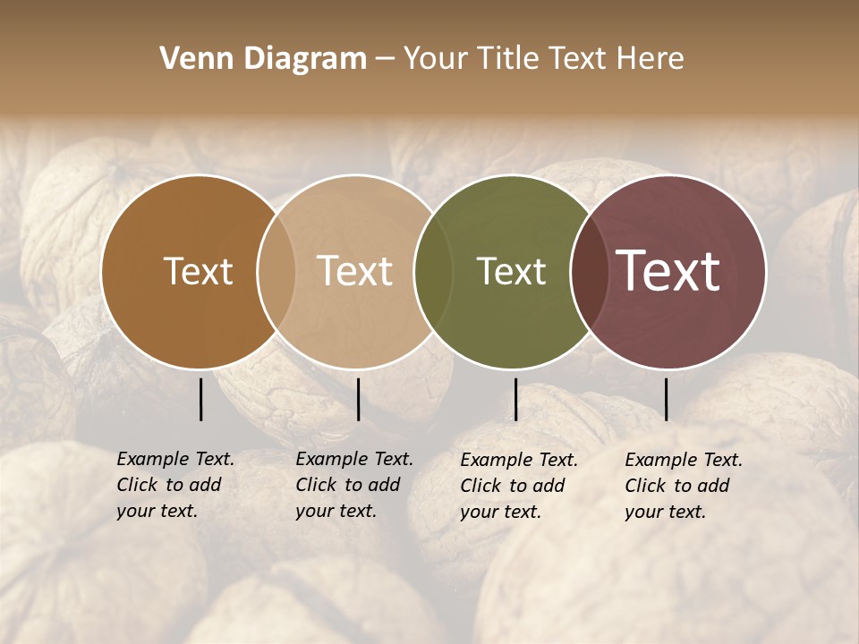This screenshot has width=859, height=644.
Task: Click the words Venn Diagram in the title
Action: click(263, 59)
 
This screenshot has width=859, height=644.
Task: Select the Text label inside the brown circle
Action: click(198, 271)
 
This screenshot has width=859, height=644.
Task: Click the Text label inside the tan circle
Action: click(355, 271)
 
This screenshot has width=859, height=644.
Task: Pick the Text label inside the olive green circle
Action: click(511, 271)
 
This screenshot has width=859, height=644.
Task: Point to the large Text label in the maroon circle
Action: click(668, 271)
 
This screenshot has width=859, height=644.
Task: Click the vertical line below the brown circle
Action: click(200, 399)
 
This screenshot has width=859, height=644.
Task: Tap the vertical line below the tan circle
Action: click(358, 399)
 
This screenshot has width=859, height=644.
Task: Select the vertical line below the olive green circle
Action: click(515, 399)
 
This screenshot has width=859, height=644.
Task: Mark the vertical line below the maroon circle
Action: click(666, 399)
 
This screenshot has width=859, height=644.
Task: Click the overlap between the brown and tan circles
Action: click(276, 271)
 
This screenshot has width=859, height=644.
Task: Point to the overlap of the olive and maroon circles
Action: click(587, 271)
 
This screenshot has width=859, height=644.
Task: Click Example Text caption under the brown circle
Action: click(175, 459)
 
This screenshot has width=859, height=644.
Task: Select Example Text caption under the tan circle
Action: click(354, 459)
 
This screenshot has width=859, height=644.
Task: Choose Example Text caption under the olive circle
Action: click(519, 460)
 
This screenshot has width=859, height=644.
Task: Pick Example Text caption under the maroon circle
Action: click(684, 460)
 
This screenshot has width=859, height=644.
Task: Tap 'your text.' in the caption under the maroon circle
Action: click(665, 512)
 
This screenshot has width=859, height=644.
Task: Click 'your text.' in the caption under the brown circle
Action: click(157, 511)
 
